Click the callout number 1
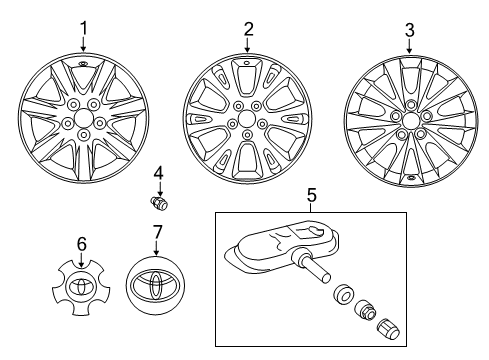(x=83, y=28)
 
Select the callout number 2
(x=248, y=29)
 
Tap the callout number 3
(x=410, y=30)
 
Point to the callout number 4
(x=159, y=173)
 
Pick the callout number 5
(x=311, y=195)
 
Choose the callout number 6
(x=81, y=244)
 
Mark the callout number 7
(x=157, y=232)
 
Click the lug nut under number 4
(x=159, y=203)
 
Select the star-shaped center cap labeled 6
(x=81, y=287)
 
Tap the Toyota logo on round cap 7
(x=156, y=286)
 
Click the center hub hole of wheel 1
(x=83, y=118)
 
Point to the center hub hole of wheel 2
(x=247, y=119)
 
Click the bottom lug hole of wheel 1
(x=83, y=135)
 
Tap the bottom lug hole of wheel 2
(x=247, y=135)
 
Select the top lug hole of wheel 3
(x=410, y=105)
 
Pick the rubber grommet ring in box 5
(x=343, y=294)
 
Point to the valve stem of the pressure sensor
(x=312, y=269)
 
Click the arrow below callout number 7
(x=157, y=248)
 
